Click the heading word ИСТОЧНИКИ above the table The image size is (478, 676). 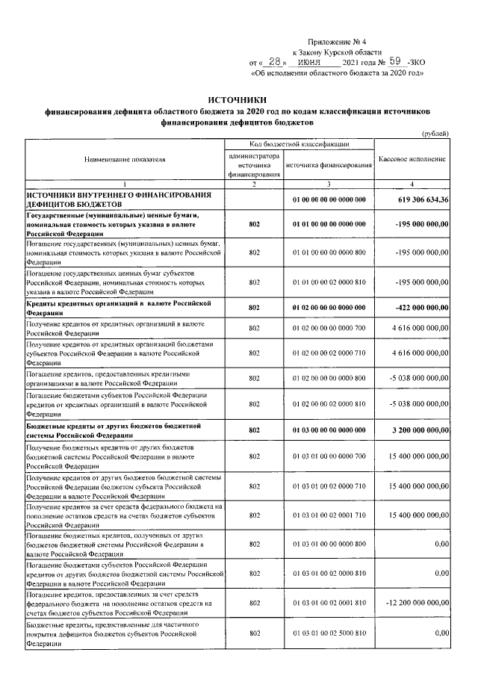[x=237, y=100]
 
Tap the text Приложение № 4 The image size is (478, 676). [x=337, y=43]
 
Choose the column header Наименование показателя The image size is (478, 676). [x=125, y=159]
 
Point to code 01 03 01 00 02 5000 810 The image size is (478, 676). [x=329, y=633]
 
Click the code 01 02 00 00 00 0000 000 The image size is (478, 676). [x=329, y=307]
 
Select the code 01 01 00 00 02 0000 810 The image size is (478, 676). [x=329, y=282]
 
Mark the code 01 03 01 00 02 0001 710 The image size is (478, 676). [x=329, y=515]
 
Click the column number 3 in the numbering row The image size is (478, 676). [x=329, y=184]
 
